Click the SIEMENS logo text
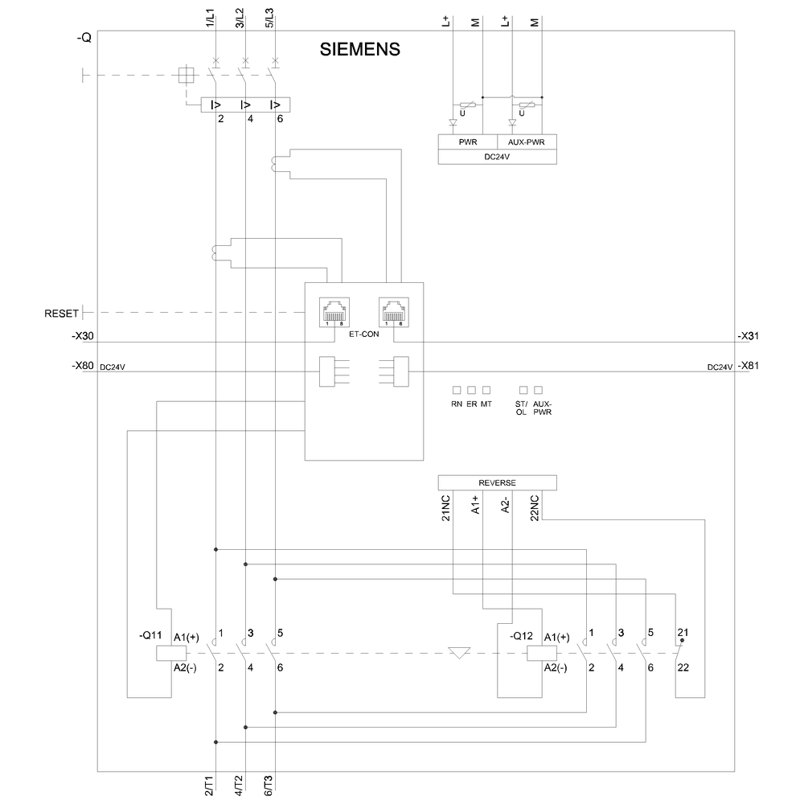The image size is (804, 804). (360, 50)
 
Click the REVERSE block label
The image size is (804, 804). (497, 483)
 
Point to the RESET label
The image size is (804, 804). (62, 313)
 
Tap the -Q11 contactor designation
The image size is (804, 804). (151, 635)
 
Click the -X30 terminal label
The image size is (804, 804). (83, 335)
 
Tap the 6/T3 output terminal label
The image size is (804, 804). (269, 786)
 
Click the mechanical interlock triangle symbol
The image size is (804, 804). (458, 652)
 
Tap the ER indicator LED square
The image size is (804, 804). (472, 390)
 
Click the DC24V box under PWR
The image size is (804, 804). (497, 157)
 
